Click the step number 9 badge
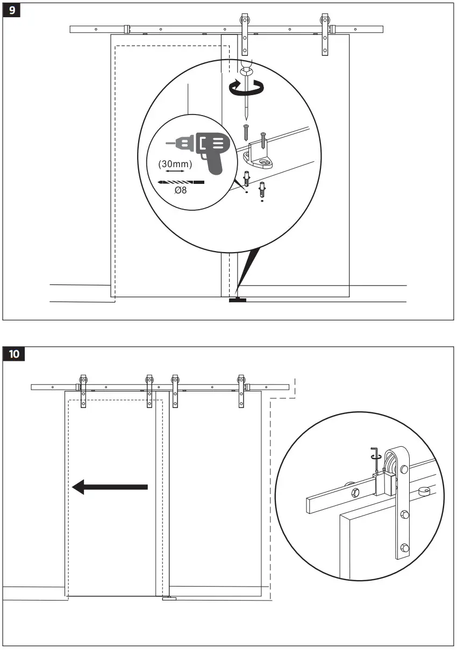pos(12,11)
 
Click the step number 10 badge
pos(14,354)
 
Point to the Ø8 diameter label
pos(180,190)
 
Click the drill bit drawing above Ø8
pos(181,182)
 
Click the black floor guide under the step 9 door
pos(237,299)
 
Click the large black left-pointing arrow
pos(110,487)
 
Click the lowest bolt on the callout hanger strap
pos(404,549)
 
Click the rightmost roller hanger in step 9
pos(324,33)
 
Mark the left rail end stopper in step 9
pos(127,28)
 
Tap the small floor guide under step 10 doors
pos(169,598)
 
